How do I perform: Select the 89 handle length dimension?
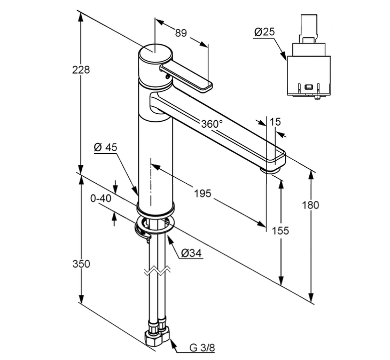(x=181, y=33)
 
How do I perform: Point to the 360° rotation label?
(x=212, y=123)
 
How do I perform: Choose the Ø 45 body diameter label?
(x=106, y=147)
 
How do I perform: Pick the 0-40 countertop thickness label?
(x=100, y=199)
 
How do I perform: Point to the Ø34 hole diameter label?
(x=191, y=253)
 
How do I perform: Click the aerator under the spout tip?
(x=270, y=169)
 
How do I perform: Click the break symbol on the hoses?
(x=155, y=271)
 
